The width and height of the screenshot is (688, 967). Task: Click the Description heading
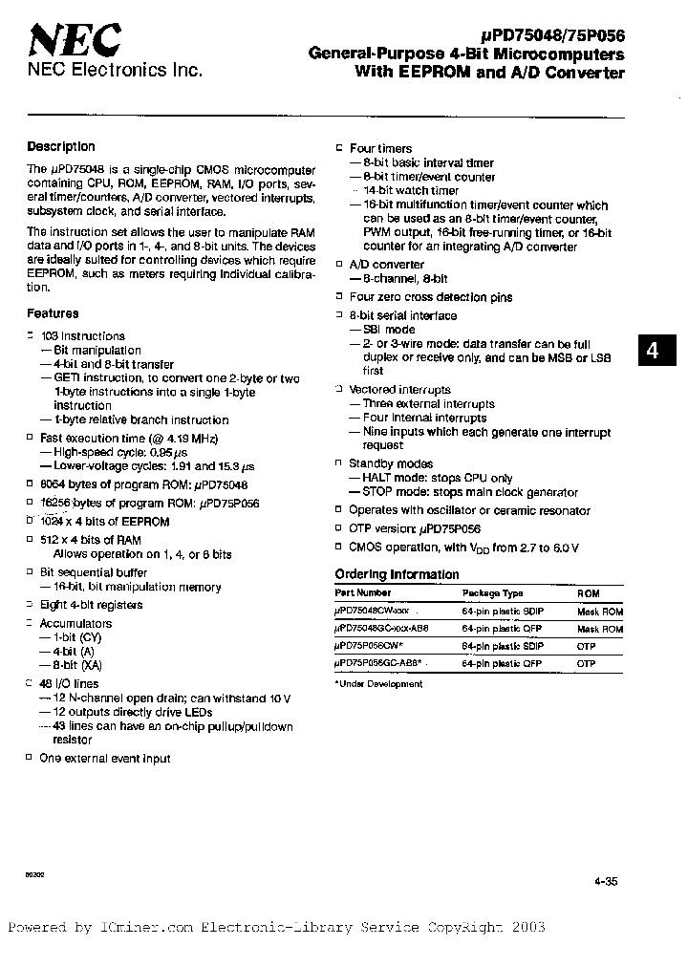[x=61, y=146]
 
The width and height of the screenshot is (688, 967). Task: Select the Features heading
[x=53, y=313]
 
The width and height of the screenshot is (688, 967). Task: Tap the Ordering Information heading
[x=397, y=574]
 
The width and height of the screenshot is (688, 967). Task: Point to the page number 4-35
[x=605, y=882]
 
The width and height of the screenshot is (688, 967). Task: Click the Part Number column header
[x=362, y=593]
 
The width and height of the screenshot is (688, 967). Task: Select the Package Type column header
[x=493, y=593]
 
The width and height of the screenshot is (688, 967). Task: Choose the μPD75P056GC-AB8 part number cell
[x=379, y=663]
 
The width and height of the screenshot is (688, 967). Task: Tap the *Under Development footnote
[x=378, y=683]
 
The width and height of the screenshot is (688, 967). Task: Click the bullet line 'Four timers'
[x=380, y=149]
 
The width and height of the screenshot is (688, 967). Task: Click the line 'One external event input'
[x=104, y=759]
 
